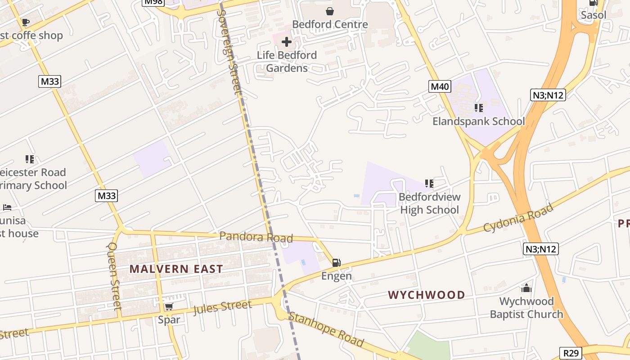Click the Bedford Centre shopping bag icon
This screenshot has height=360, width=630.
click(330, 11)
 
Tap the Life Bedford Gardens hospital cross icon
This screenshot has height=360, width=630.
click(286, 42)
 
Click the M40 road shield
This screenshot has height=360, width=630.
click(439, 87)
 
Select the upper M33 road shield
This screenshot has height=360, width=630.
click(49, 81)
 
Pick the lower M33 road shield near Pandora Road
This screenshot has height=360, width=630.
click(107, 196)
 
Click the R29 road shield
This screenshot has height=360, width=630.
click(571, 353)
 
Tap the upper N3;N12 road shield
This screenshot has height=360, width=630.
click(547, 95)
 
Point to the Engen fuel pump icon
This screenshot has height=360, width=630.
click(336, 263)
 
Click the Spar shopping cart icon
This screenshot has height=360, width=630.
click(169, 307)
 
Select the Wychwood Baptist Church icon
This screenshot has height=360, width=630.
click(526, 288)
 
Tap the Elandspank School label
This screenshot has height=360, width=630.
click(478, 121)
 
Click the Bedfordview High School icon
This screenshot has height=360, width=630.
click(429, 184)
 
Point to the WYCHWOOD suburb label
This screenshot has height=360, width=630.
click(426, 295)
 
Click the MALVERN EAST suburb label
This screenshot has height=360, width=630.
click(176, 269)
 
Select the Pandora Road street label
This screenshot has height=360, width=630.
click(256, 237)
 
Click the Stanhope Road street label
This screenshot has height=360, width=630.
click(326, 329)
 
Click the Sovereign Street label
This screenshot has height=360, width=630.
click(229, 52)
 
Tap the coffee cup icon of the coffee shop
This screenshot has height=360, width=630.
click(26, 22)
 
